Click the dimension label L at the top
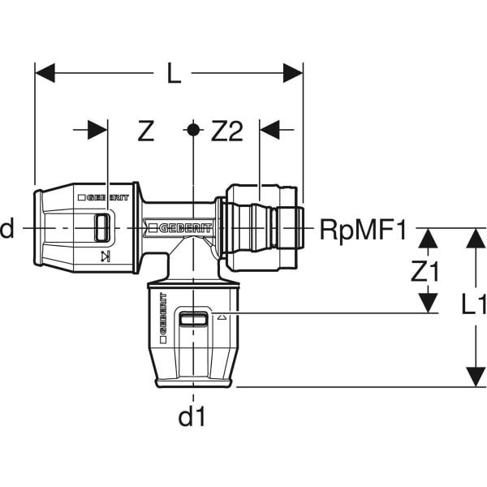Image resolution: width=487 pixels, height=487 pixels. [174, 73]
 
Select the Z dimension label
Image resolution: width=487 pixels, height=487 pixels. [146, 131]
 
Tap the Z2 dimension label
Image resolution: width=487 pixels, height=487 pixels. [226, 131]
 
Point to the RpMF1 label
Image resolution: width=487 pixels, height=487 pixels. [363, 231]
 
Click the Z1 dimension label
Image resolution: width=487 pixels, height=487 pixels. [425, 271]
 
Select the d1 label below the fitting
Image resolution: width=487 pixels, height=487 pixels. [192, 416]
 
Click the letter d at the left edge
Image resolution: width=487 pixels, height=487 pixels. [6, 227]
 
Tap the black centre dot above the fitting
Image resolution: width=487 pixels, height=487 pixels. [193, 130]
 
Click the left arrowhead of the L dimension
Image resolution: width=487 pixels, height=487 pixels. [45, 73]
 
